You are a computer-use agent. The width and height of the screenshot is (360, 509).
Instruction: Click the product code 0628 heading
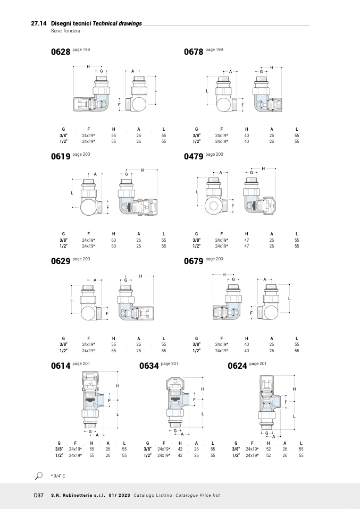pos(61,52)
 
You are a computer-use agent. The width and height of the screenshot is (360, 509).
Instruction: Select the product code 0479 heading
pos(194,156)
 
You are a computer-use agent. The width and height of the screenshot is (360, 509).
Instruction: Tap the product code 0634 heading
pos(149,366)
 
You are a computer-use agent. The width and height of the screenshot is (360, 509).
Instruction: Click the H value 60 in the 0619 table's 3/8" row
pos(114,240)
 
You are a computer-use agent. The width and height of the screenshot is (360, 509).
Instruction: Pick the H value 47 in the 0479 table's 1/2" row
pos(247,246)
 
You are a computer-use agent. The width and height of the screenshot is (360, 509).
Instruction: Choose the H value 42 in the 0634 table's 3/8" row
pos(180,449)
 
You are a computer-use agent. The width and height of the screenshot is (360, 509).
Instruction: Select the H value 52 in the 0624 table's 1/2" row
pos(269,455)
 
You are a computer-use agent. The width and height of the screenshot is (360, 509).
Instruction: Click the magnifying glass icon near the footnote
pos(39,476)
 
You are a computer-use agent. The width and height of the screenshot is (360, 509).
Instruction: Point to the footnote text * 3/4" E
pos(58,476)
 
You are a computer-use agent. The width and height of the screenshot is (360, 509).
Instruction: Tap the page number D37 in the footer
pos(39,495)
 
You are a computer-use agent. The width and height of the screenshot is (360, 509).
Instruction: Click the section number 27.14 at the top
pos(39,23)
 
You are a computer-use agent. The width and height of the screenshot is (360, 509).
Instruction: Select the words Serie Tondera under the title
pos(65,31)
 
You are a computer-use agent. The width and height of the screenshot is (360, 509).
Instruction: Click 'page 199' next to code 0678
pos(214,49)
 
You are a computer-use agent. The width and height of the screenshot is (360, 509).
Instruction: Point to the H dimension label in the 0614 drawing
pos(118,386)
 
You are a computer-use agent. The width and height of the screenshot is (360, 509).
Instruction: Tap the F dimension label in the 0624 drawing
pos(286,402)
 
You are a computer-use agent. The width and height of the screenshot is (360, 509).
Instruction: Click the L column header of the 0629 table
pos(164,338)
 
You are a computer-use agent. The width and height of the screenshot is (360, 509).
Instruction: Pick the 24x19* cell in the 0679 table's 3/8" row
pos(222,344)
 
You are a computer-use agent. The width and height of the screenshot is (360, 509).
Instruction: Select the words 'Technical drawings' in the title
pos(118,23)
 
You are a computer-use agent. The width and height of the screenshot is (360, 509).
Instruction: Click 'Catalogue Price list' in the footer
pos(197,495)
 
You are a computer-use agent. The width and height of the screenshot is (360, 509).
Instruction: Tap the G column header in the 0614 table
pos(59,443)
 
